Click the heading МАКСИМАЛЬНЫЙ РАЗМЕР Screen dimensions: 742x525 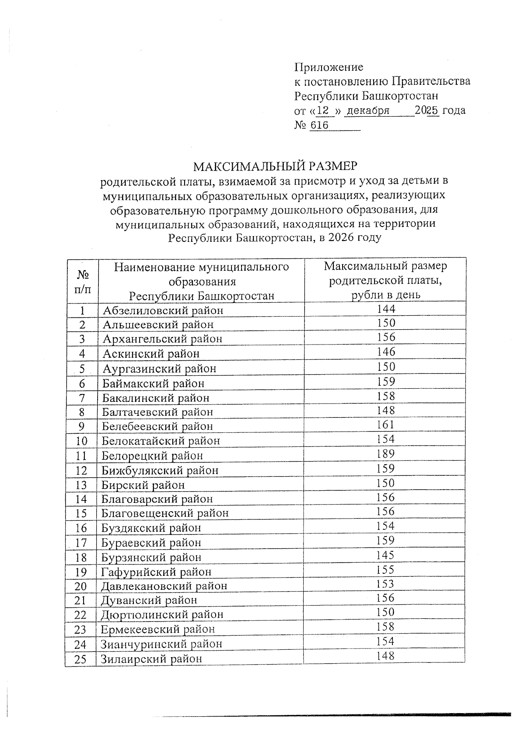[x=276, y=166]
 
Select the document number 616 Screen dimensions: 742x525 [x=319, y=125]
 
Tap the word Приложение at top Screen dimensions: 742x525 [x=329, y=67]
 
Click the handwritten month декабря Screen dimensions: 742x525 [x=367, y=111]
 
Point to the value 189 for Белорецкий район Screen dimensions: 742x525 [x=385, y=453]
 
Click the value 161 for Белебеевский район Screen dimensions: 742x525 [x=385, y=425]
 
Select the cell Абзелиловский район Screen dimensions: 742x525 [x=163, y=310]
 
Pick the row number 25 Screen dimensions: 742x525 [x=80, y=659]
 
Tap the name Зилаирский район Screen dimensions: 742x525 [x=151, y=658]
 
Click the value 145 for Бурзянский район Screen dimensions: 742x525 [x=385, y=555]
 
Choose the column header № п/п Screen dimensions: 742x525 [x=83, y=282]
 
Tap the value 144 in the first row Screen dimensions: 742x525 [x=385, y=309]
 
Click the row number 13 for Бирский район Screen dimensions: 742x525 [x=81, y=485]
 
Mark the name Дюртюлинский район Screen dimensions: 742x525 [x=162, y=615]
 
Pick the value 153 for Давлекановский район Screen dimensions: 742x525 [x=385, y=584]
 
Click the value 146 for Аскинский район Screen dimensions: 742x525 [x=385, y=352]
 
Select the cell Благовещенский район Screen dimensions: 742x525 [x=165, y=513]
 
